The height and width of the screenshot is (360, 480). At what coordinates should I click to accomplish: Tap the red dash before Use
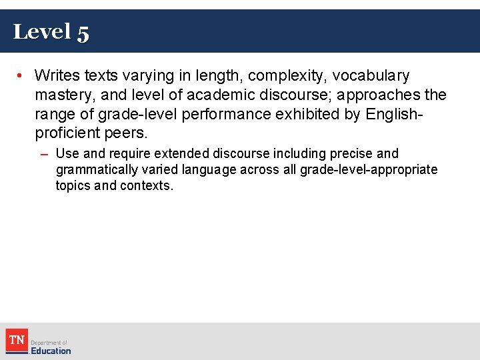[x=44, y=154]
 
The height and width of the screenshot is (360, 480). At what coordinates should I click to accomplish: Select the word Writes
[x=57, y=76]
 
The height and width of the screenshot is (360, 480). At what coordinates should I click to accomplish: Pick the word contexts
[x=147, y=186]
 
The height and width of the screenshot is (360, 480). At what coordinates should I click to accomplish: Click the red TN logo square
[x=16, y=341]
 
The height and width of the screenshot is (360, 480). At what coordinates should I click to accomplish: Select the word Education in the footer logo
[x=50, y=351]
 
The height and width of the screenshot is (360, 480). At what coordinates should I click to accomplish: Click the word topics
[x=73, y=186]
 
